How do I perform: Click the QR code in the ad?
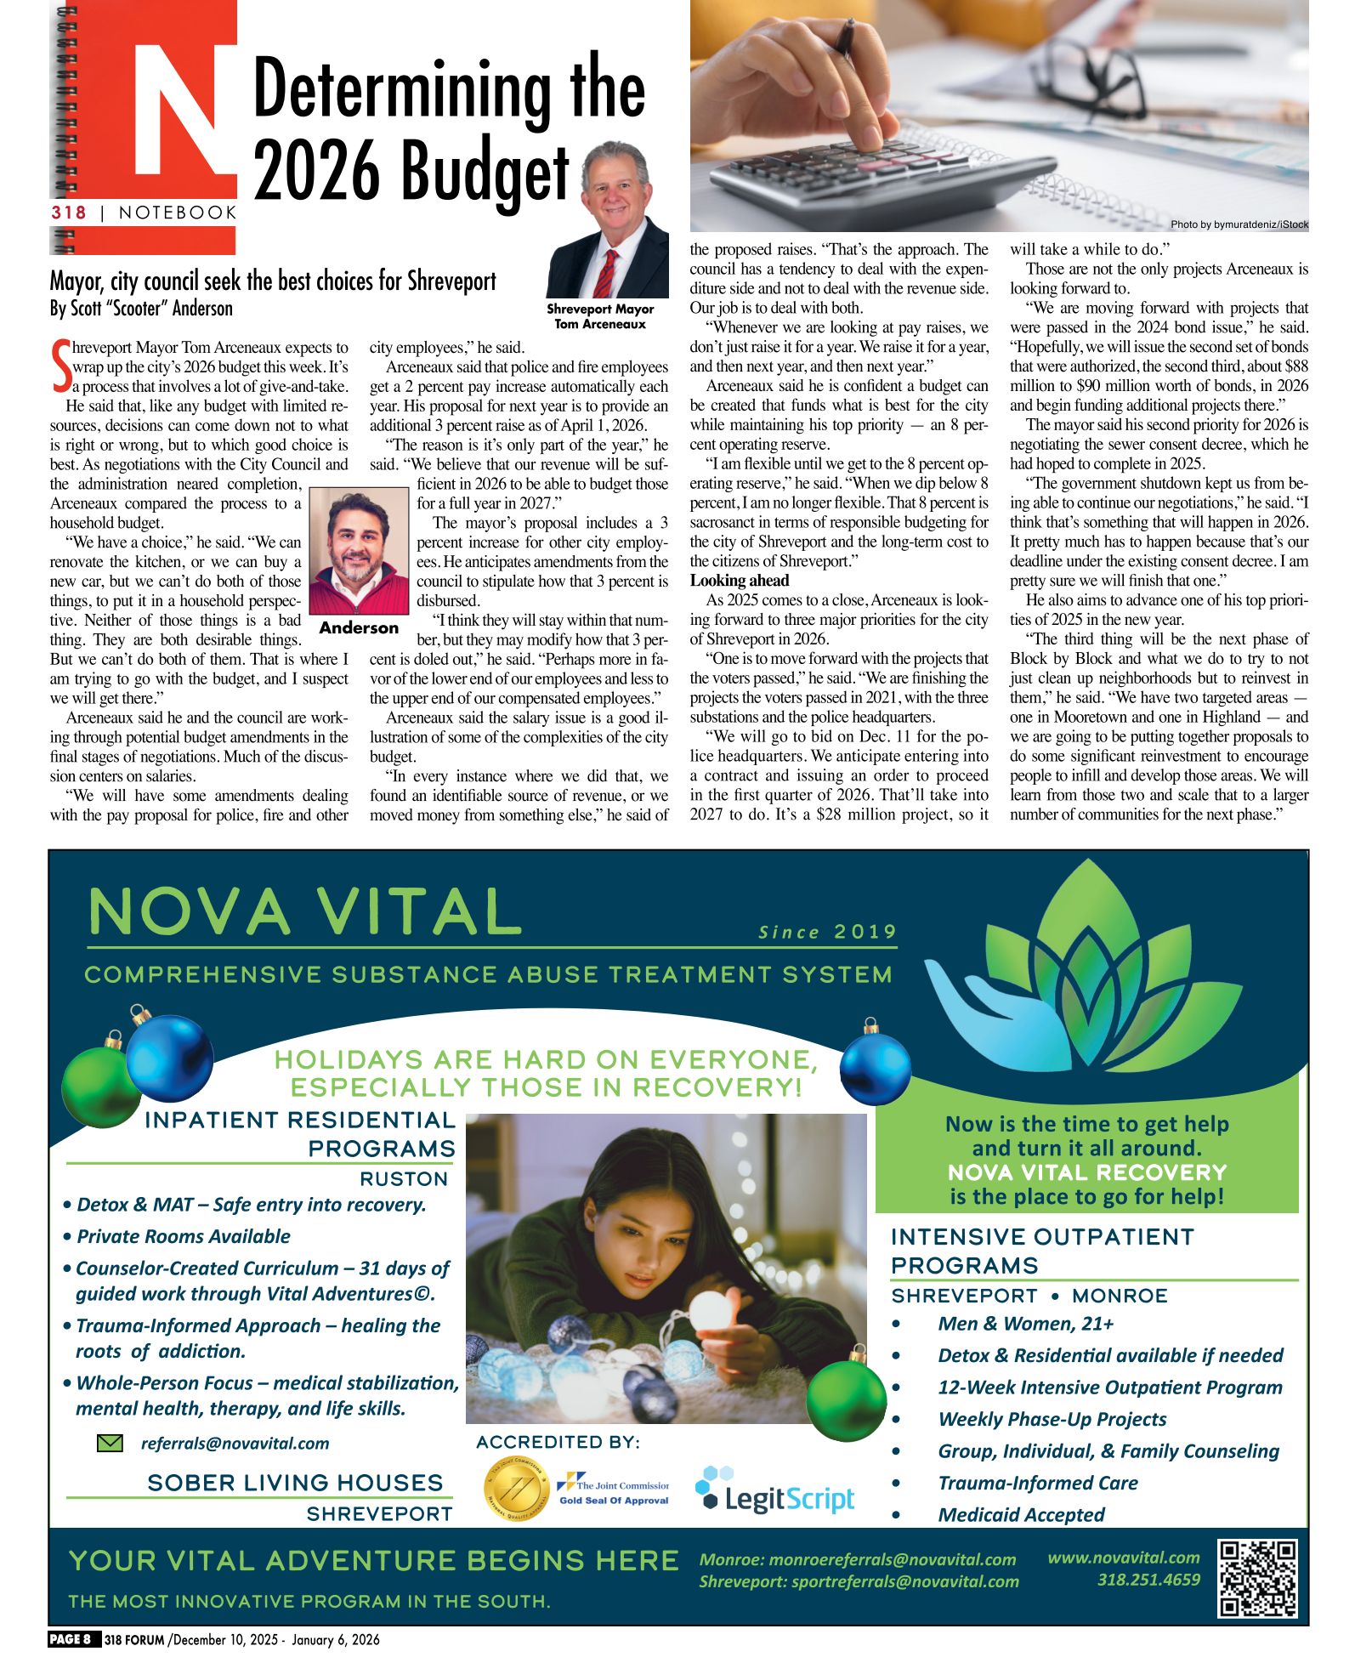pos(1258,1579)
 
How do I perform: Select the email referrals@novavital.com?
pos(235,1443)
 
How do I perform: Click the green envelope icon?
pos(110,1443)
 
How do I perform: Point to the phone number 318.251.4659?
pos(1148,1580)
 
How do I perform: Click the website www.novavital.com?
pos(1123,1558)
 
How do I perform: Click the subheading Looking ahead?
pos(739,581)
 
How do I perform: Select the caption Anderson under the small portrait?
pos(359,627)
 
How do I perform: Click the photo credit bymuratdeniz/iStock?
pos(1239,224)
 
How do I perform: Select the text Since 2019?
pos(827,932)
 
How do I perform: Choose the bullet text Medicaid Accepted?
pos(1021,1514)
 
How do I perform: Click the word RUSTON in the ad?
pos(404,1178)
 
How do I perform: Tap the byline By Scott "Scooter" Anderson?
pos(141,308)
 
